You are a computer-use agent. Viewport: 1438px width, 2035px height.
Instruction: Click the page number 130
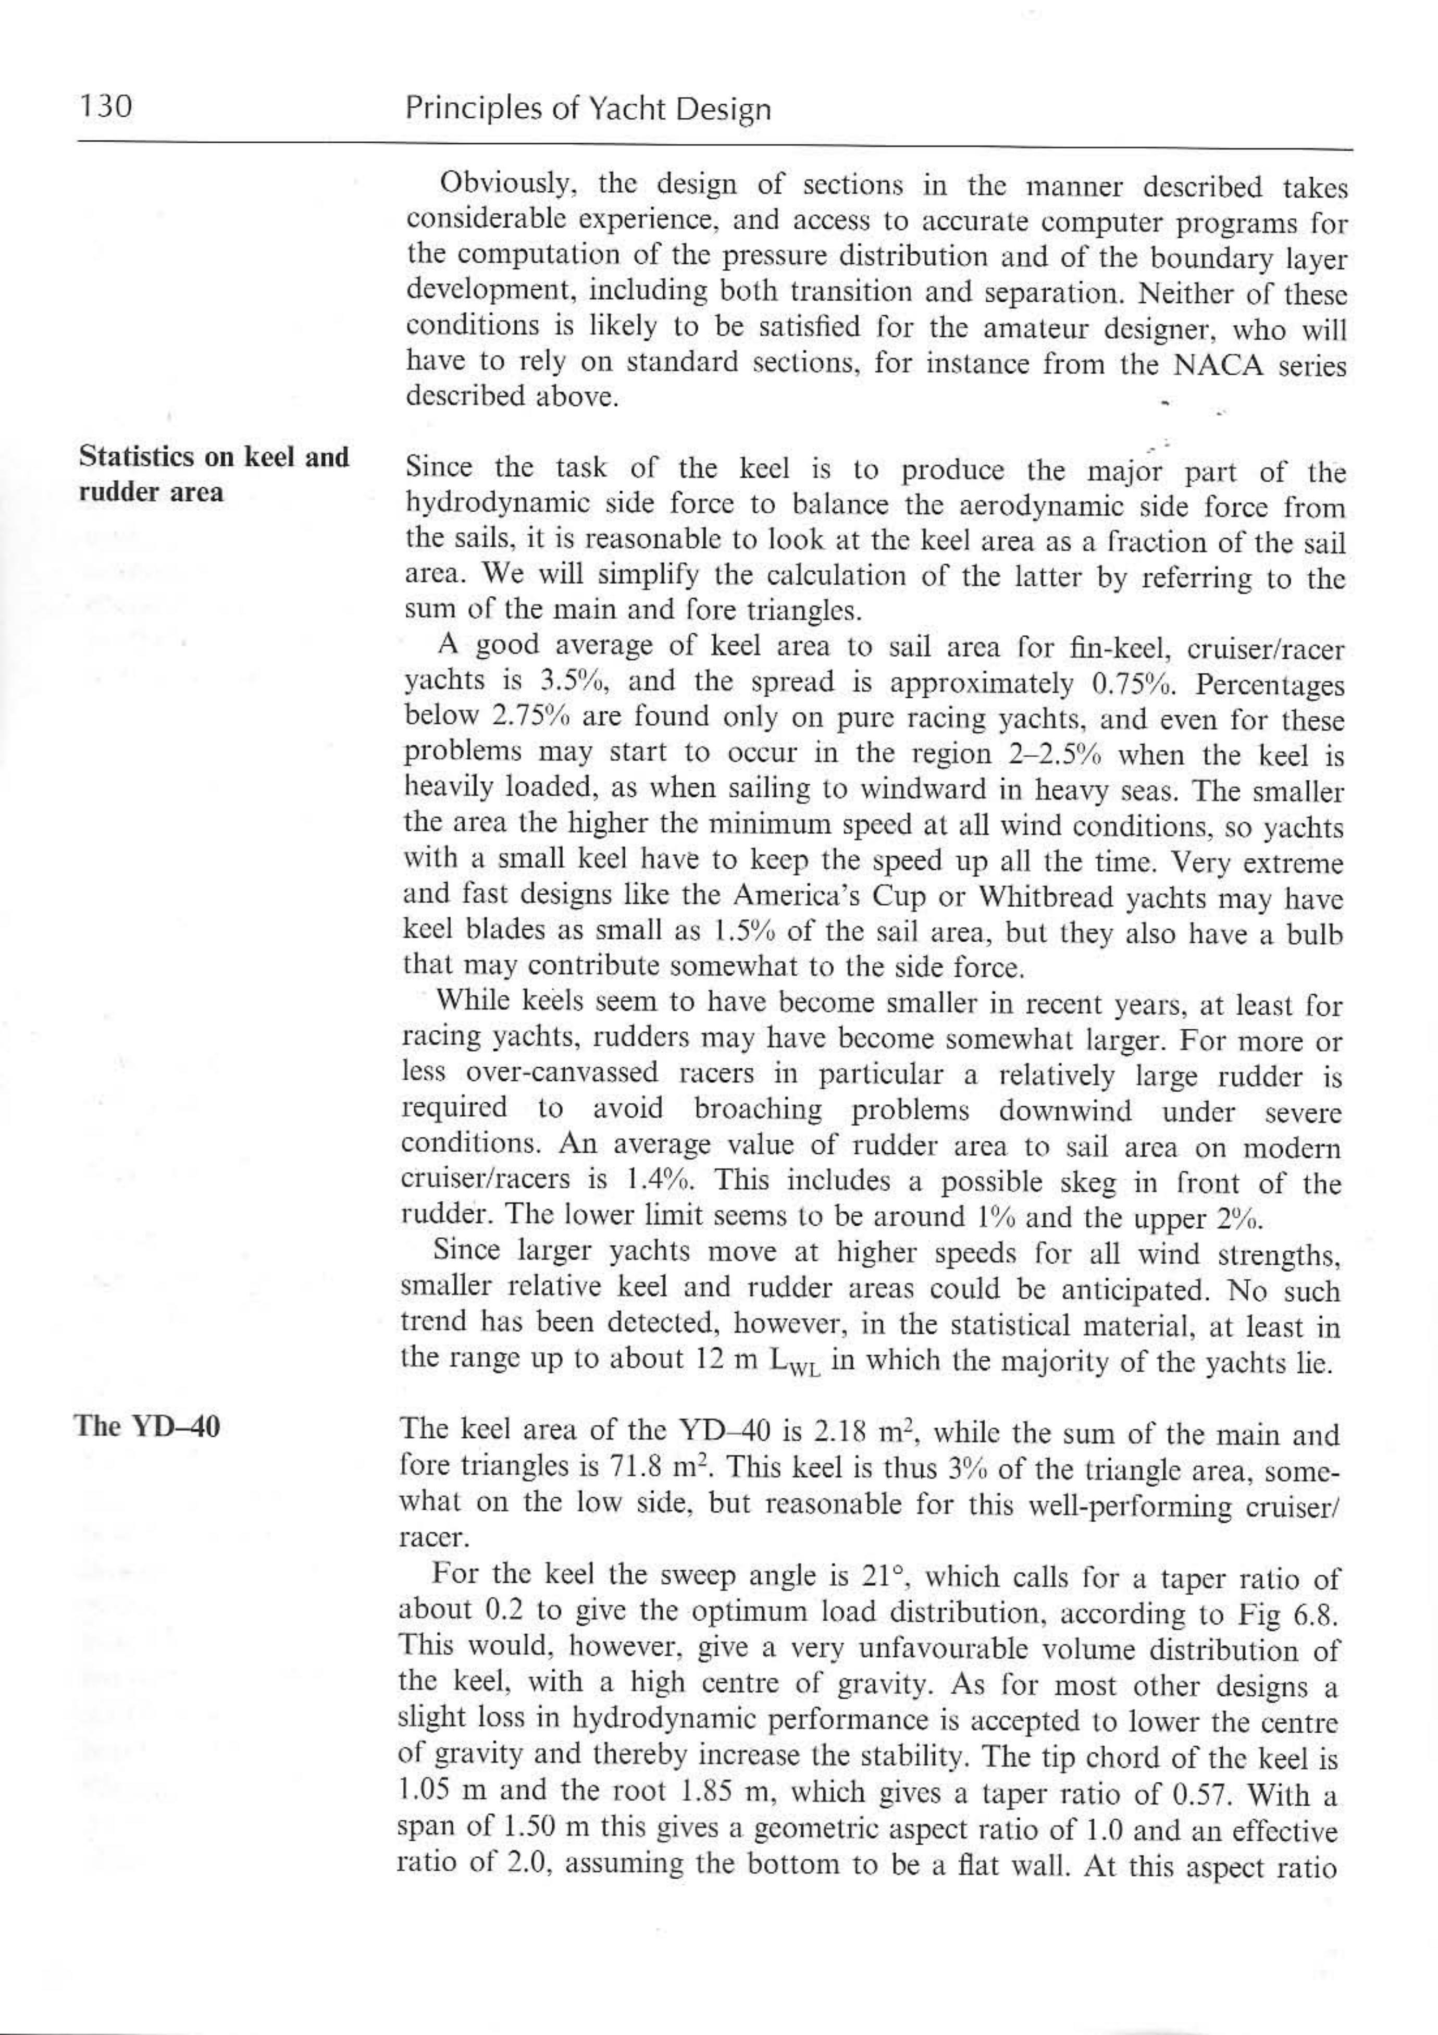(105, 108)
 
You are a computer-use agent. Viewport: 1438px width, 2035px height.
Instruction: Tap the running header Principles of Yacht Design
(587, 110)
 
